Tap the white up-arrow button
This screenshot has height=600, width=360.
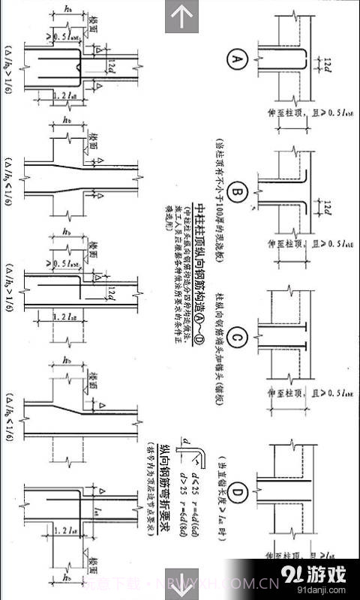point(180,16)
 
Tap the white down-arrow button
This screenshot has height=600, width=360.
point(180,583)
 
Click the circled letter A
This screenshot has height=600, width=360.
point(238,58)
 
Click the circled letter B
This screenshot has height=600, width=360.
point(238,194)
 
